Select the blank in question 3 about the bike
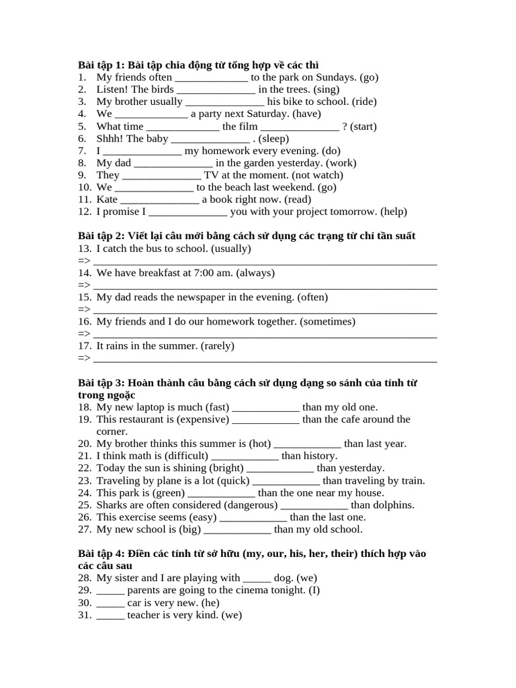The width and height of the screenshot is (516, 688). pyautogui.click(x=224, y=102)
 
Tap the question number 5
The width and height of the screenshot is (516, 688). pyautogui.click(x=82, y=126)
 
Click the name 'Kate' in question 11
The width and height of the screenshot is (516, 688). pyautogui.click(x=107, y=200)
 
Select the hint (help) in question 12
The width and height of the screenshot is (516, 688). pyautogui.click(x=394, y=212)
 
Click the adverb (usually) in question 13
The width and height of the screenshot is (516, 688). pyautogui.click(x=230, y=249)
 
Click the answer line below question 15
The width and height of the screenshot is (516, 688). pyautogui.click(x=265, y=310)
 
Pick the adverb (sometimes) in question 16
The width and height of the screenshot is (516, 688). pyautogui.click(x=327, y=322)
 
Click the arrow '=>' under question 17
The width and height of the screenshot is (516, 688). pyautogui.click(x=84, y=358)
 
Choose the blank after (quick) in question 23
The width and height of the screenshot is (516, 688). pyautogui.click(x=286, y=481)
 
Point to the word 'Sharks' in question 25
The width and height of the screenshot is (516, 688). pyautogui.click(x=112, y=505)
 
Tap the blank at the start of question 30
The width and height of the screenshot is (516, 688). pyautogui.click(x=110, y=603)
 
